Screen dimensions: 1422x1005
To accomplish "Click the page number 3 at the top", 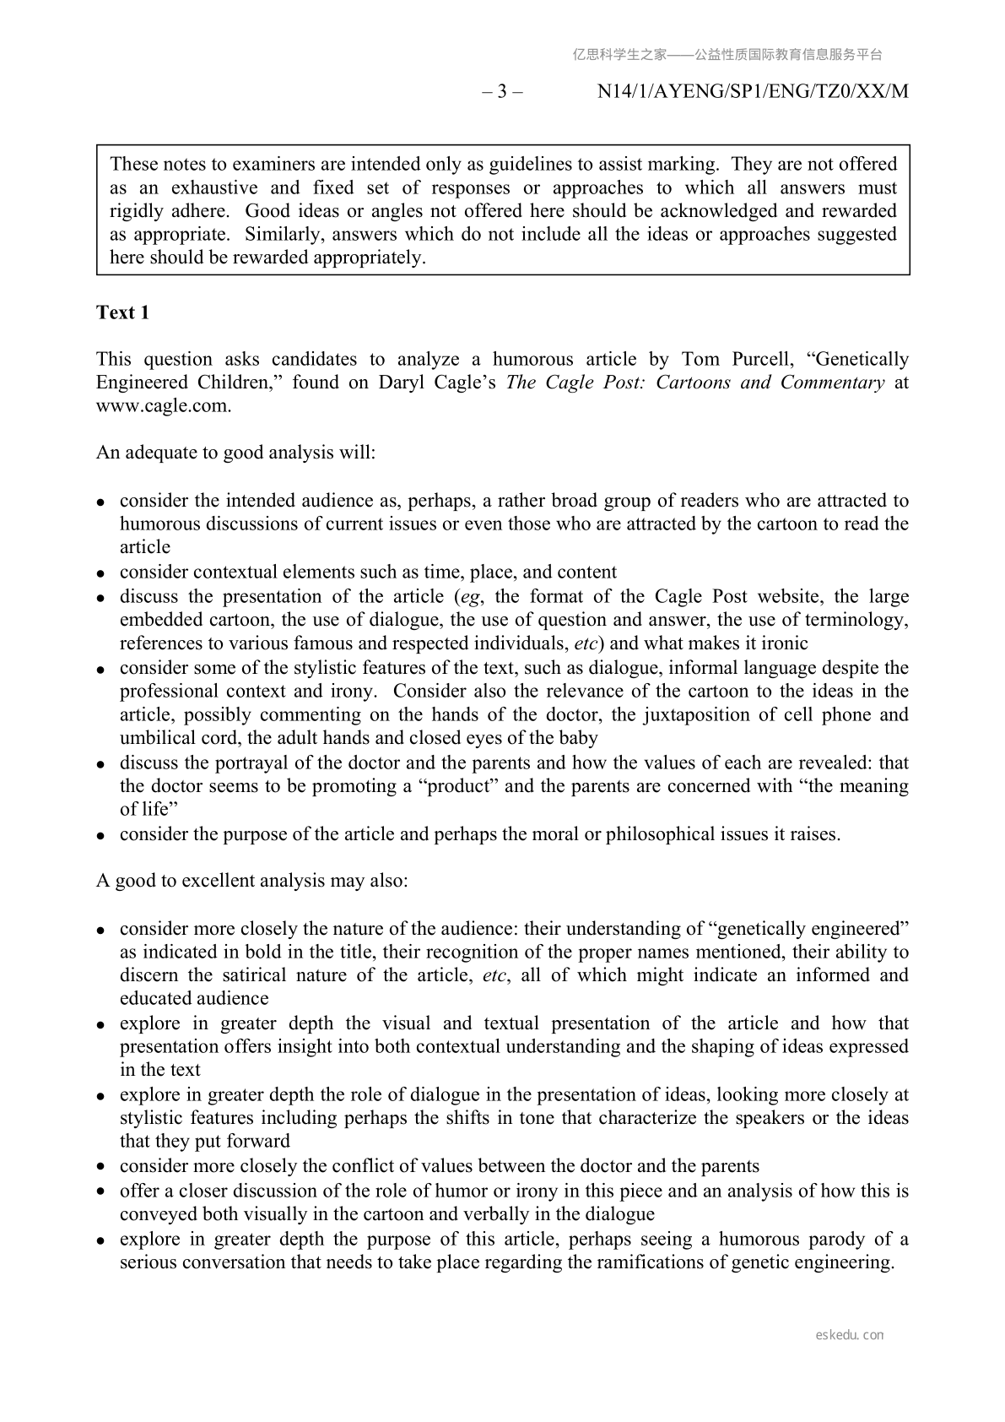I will click(x=502, y=92).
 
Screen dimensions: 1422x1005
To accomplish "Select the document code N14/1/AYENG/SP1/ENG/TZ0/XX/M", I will click(x=753, y=92).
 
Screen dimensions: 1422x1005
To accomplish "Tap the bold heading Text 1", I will click(x=123, y=312).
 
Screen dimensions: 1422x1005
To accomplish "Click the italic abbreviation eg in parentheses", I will click(x=467, y=597).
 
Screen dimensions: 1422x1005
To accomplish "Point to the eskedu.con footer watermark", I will click(x=850, y=1335).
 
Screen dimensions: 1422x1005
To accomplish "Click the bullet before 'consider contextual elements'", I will click(x=100, y=573).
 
